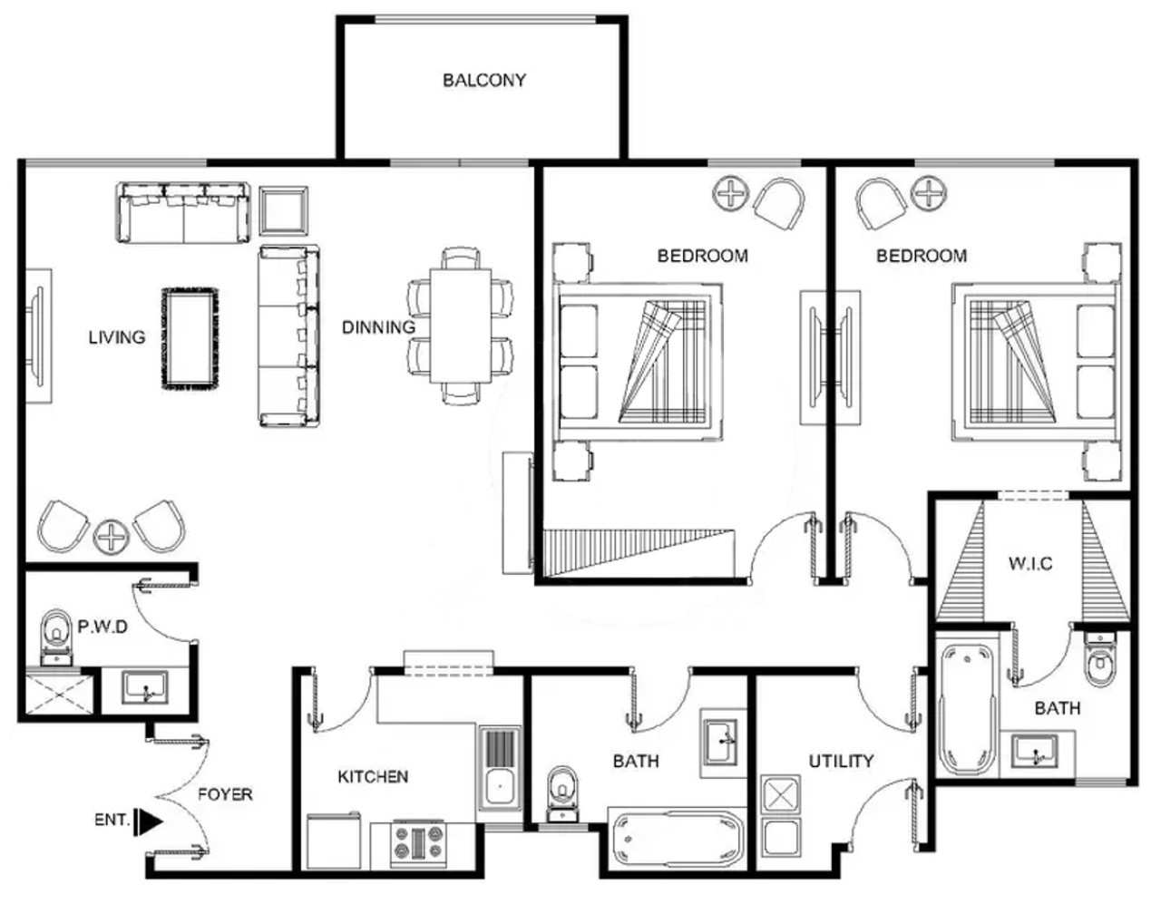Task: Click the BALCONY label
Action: coord(484,81)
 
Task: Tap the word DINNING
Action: coord(378,327)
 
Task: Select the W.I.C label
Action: coord(1030,564)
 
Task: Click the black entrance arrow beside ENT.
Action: coord(151,821)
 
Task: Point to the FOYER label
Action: coord(225,794)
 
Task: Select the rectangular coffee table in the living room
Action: coord(190,338)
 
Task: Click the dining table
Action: coord(461,326)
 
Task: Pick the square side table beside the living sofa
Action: coord(283,211)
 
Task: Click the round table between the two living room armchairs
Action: coord(112,537)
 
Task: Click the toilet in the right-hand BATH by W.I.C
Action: coord(1100,661)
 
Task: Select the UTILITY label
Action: coord(841,761)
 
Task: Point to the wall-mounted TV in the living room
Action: coord(38,335)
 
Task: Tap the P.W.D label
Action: coord(102,627)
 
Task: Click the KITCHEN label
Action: coord(373,777)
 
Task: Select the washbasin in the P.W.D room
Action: coord(144,688)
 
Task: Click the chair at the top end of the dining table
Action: coord(461,258)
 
